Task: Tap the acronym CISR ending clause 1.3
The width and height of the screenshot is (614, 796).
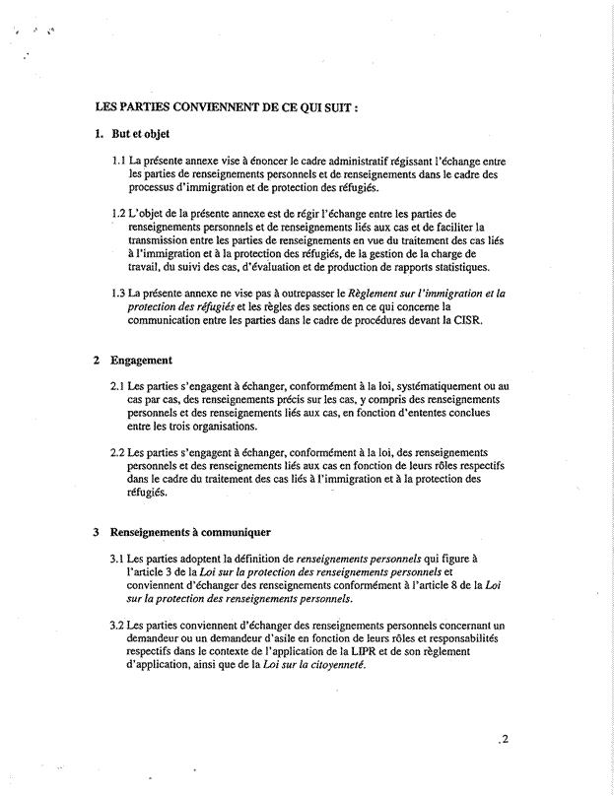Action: coord(465,320)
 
